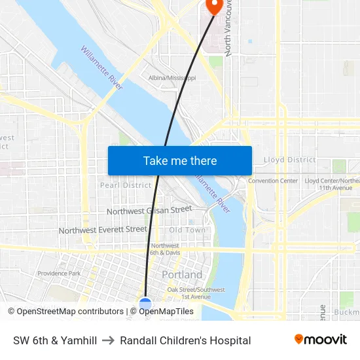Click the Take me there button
(x=179, y=160)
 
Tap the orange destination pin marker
(x=213, y=6)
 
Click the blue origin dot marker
(x=145, y=303)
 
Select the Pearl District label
(x=125, y=185)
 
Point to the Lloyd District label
(x=289, y=160)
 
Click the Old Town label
(x=187, y=230)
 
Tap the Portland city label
(x=182, y=274)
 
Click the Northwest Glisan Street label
(x=149, y=210)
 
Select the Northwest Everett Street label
(x=103, y=230)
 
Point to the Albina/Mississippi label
(x=172, y=78)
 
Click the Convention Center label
(x=272, y=181)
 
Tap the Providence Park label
(x=59, y=274)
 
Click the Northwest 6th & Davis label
(x=165, y=249)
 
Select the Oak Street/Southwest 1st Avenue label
(x=196, y=293)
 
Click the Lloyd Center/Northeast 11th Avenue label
(x=333, y=184)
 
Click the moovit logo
(x=320, y=340)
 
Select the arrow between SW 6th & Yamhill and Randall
(x=109, y=340)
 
